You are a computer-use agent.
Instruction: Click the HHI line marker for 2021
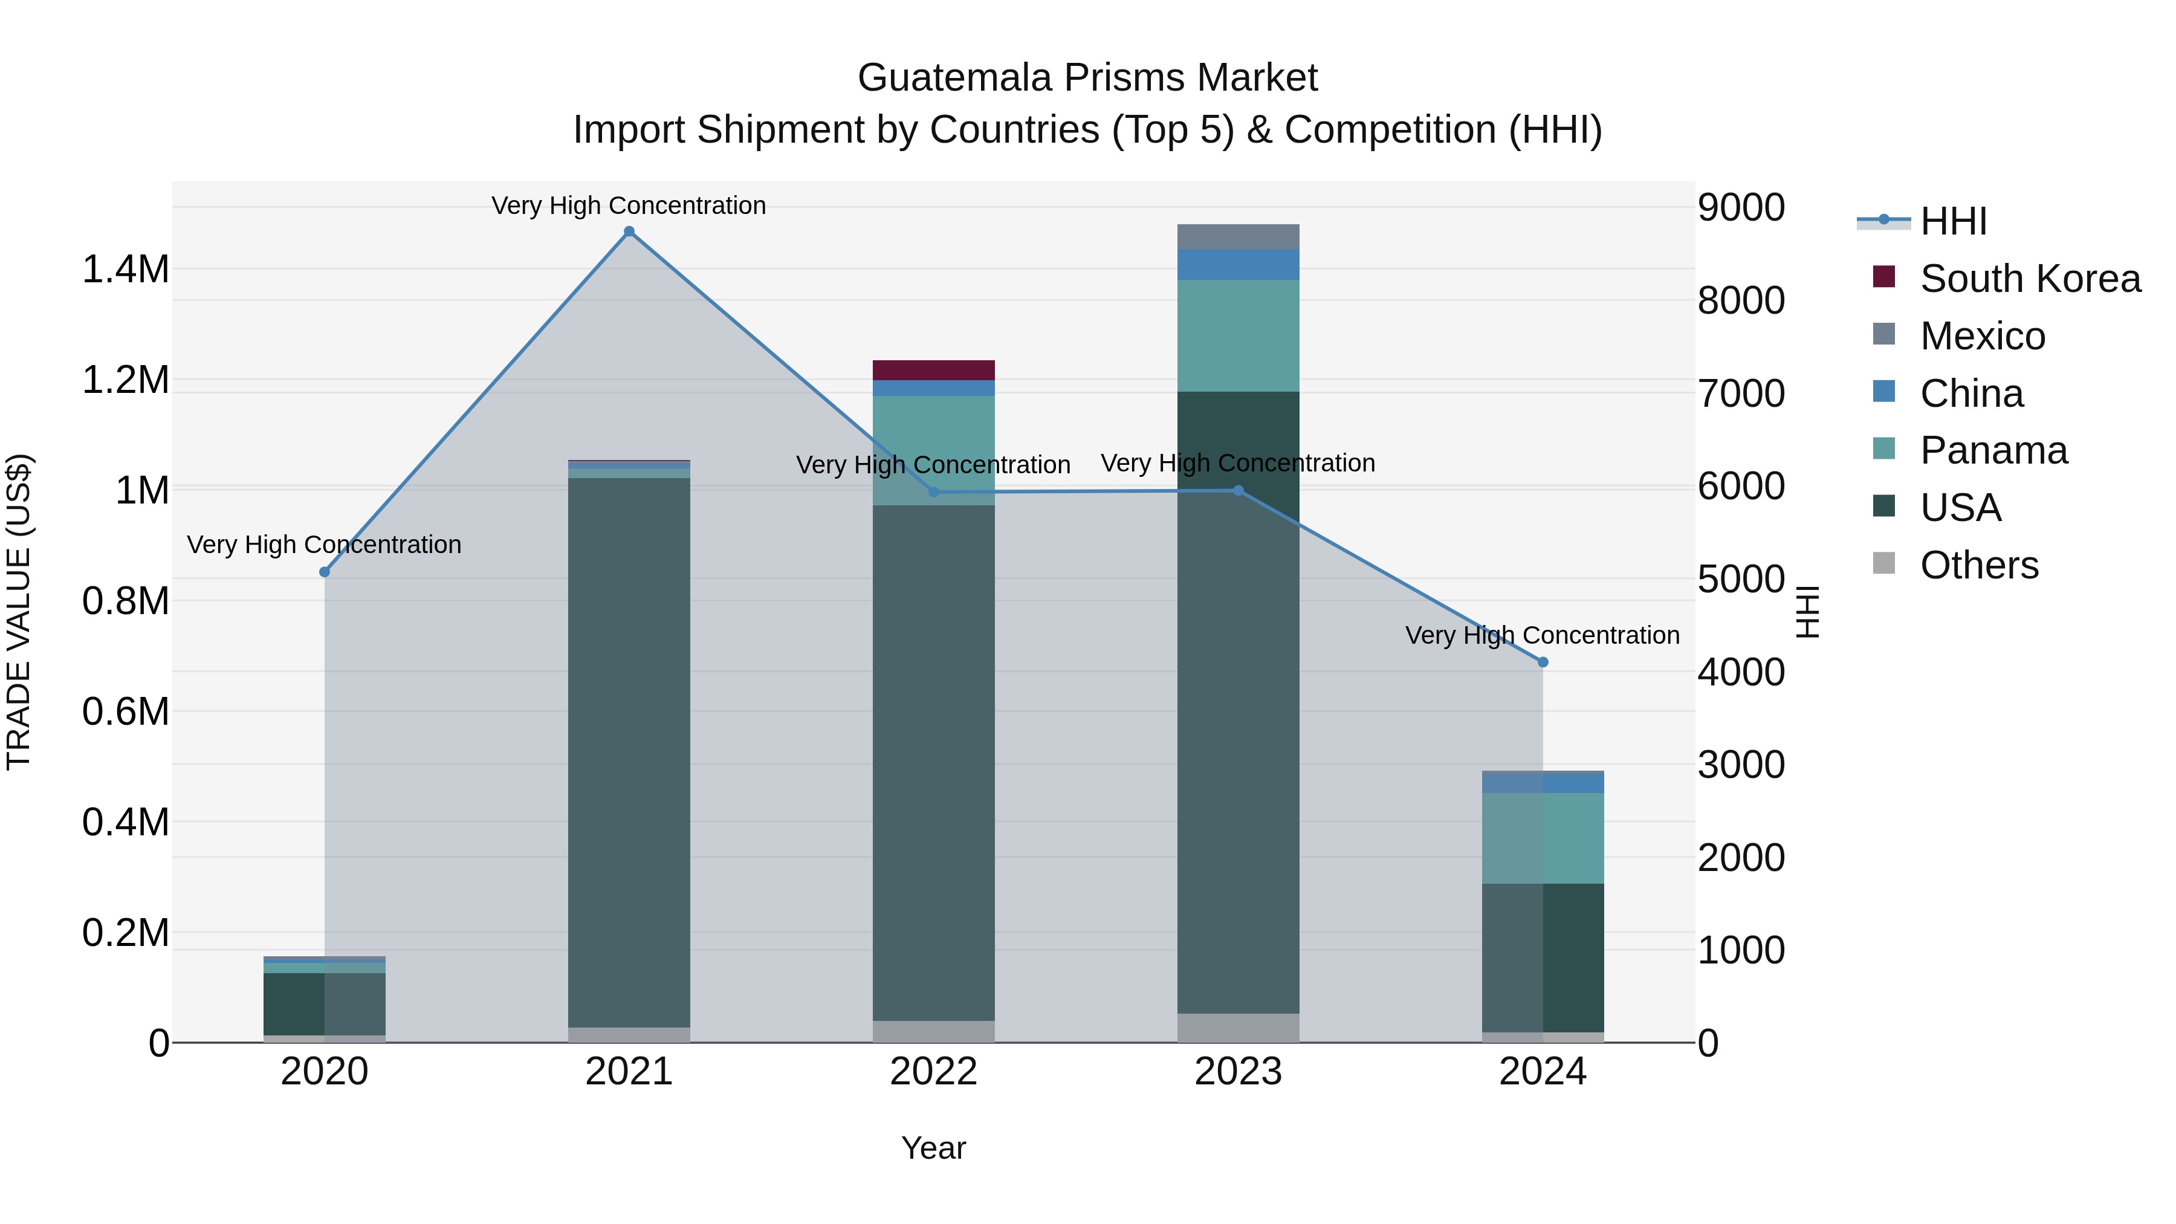(x=629, y=232)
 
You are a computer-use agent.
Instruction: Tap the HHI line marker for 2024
(x=1543, y=662)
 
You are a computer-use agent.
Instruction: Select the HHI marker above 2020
(x=325, y=572)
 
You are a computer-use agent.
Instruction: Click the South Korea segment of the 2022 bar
(x=933, y=370)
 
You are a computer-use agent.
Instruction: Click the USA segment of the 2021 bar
(x=629, y=752)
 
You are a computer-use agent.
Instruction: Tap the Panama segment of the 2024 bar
(x=1543, y=838)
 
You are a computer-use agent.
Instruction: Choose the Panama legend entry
(x=1993, y=450)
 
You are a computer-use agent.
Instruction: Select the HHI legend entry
(x=1953, y=221)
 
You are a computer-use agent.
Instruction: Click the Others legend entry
(x=1978, y=565)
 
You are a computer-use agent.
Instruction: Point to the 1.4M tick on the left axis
(x=125, y=270)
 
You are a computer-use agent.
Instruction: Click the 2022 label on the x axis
(x=933, y=1072)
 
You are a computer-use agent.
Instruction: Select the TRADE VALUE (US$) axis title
(x=19, y=612)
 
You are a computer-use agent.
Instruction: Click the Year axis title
(x=933, y=1148)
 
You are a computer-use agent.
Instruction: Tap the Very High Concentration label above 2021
(x=629, y=206)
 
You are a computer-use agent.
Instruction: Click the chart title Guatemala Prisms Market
(x=1087, y=78)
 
